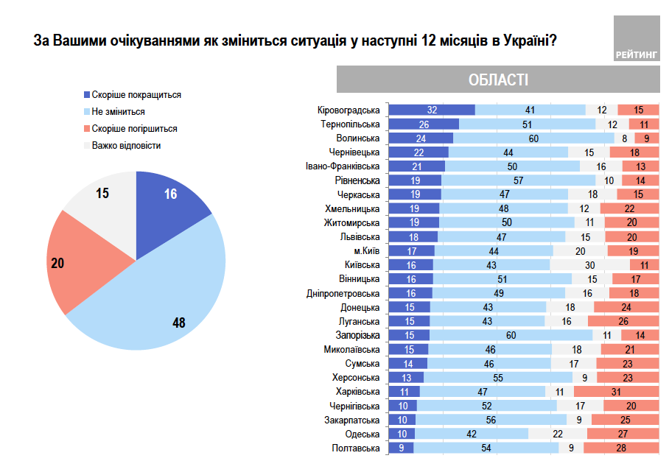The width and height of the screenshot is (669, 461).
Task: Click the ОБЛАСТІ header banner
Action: tap(498, 80)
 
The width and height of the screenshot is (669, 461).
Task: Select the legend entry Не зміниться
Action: tap(118, 112)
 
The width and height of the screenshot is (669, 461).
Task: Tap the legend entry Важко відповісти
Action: tap(126, 145)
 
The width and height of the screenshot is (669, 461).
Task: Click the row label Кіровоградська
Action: tap(348, 110)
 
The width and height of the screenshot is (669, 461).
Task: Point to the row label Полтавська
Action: tap(357, 448)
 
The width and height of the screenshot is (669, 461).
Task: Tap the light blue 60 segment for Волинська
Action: tap(533, 138)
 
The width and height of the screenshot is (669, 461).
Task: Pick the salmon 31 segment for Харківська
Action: tap(616, 392)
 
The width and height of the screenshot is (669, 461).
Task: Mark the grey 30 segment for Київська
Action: tap(589, 264)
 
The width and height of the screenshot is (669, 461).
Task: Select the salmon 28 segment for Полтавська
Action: tap(621, 448)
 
